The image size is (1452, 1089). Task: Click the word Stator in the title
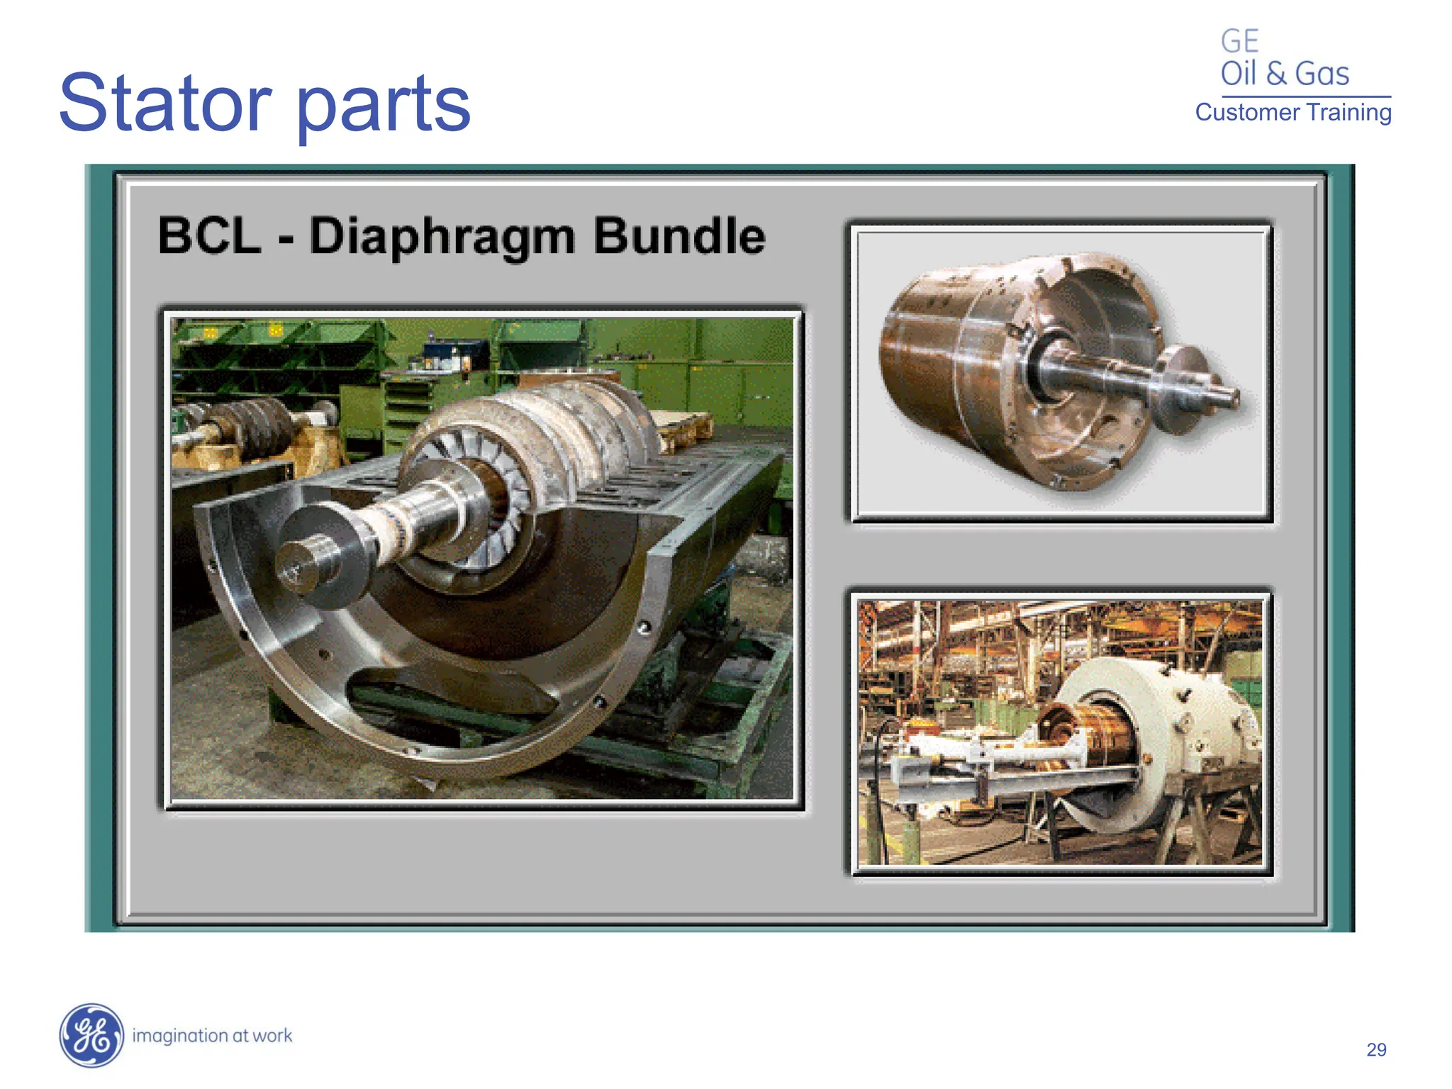(165, 104)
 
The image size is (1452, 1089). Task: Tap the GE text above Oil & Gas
(1239, 41)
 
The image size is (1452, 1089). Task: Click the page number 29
(1375, 1049)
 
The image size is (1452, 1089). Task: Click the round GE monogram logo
(91, 1035)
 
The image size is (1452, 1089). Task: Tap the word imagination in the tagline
(179, 1036)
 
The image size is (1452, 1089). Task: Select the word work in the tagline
(272, 1036)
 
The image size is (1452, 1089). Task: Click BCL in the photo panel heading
(209, 235)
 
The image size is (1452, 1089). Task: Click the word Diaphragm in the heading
(442, 238)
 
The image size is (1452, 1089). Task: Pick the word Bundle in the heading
(678, 235)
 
